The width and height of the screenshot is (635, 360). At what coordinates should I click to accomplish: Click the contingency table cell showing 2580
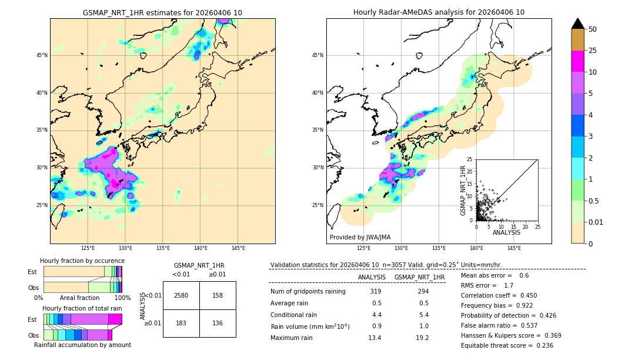click(181, 295)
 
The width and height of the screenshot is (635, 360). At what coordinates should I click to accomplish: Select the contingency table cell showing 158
click(218, 295)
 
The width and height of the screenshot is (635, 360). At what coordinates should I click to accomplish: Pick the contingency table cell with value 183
click(181, 324)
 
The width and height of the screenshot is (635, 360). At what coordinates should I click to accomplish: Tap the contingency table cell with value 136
click(218, 324)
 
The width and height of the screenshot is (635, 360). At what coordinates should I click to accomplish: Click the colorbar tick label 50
click(593, 29)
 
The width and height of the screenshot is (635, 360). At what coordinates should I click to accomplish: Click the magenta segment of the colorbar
click(577, 61)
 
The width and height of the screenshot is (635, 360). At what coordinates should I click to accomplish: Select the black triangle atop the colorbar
click(577, 24)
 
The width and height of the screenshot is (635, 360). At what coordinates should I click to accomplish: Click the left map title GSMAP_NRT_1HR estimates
click(162, 12)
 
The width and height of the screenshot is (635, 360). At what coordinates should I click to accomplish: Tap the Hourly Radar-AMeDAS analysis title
click(439, 12)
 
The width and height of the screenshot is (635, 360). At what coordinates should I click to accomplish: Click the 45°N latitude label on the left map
click(42, 55)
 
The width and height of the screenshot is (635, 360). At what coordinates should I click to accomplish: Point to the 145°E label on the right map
click(514, 248)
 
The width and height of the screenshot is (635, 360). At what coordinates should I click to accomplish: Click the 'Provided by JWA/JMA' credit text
click(360, 238)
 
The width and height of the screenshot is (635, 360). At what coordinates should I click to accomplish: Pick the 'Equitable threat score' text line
click(507, 345)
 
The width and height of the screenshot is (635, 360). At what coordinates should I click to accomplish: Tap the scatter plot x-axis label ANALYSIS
click(506, 232)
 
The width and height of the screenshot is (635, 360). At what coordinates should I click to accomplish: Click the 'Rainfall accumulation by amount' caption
click(86, 345)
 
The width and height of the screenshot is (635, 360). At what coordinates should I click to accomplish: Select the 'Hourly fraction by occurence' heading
click(82, 261)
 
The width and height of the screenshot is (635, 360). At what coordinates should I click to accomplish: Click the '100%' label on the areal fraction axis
click(122, 298)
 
